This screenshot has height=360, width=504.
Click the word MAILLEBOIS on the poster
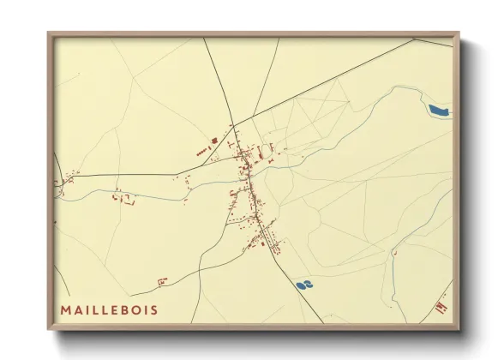(x=109, y=309)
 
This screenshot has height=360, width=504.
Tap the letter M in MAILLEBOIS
(x=65, y=309)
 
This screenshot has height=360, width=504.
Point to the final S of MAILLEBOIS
(x=153, y=309)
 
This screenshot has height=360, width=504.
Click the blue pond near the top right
(x=439, y=110)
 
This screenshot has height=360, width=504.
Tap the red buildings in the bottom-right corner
(x=441, y=306)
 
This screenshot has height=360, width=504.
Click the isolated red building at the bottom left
(x=160, y=280)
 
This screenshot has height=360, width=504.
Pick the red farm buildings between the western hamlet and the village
(x=125, y=198)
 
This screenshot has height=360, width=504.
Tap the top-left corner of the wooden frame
(x=49, y=33)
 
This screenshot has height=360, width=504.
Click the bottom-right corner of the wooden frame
(x=458, y=328)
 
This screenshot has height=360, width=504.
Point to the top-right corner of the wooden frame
(x=458, y=33)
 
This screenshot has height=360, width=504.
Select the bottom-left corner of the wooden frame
(x=49, y=328)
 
